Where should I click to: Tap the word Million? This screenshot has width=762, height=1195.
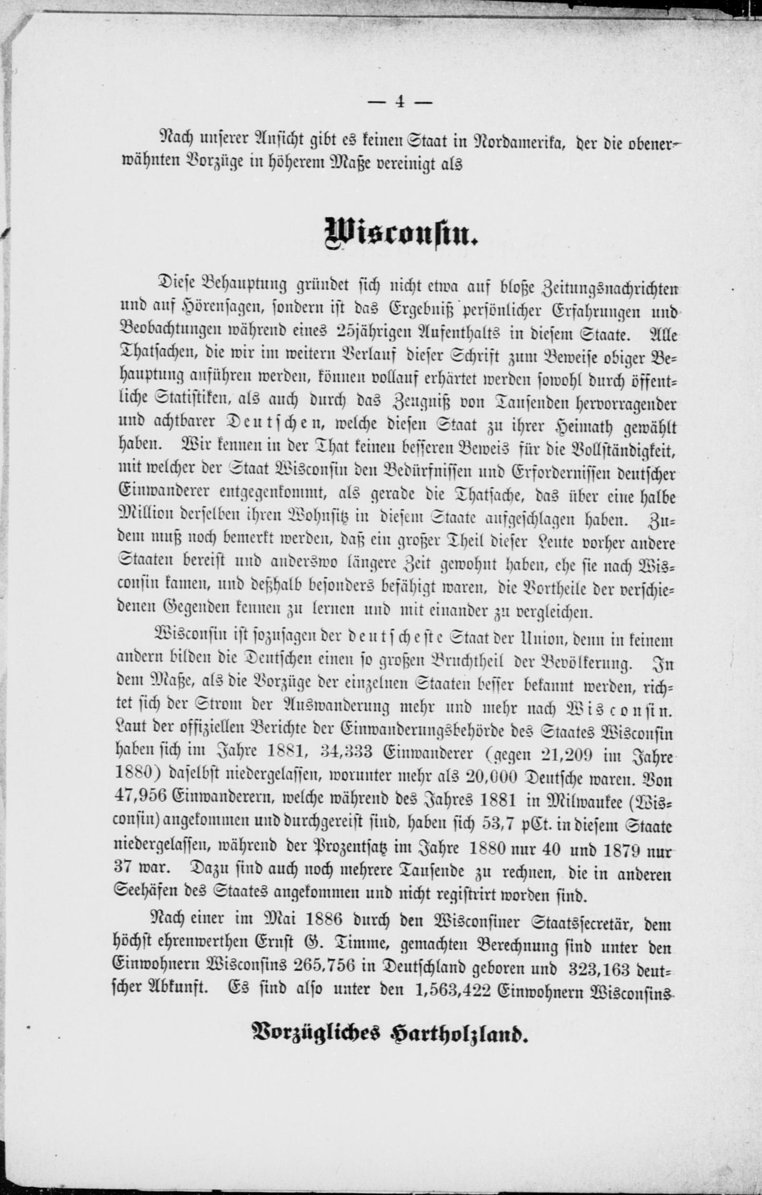144,519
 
